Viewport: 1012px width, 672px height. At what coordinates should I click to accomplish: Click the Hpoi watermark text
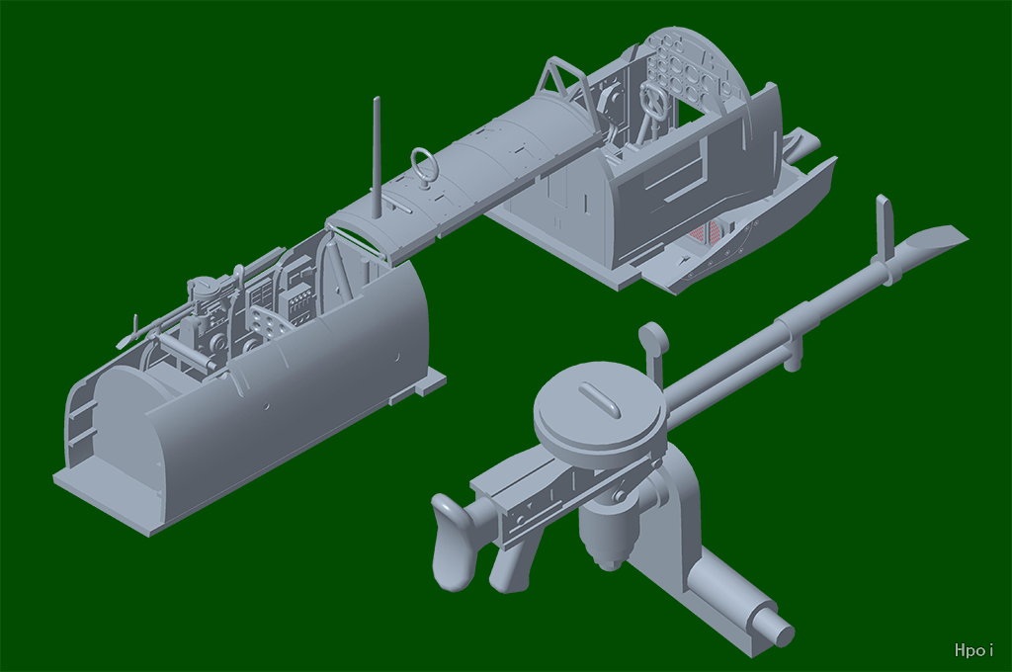973,649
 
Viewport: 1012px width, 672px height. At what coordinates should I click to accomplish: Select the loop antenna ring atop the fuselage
424,165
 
